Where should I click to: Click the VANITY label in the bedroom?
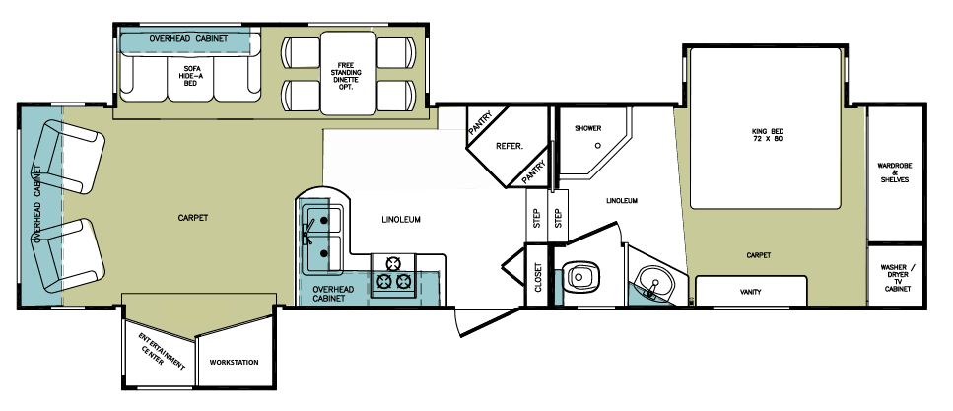(x=751, y=292)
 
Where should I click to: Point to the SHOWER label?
(x=588, y=129)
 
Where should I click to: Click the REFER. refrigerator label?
(x=509, y=146)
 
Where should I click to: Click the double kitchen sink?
(x=322, y=237)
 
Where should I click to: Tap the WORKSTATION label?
(x=234, y=363)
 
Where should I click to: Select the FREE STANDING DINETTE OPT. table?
(x=350, y=75)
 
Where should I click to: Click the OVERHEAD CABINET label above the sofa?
(x=188, y=38)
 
